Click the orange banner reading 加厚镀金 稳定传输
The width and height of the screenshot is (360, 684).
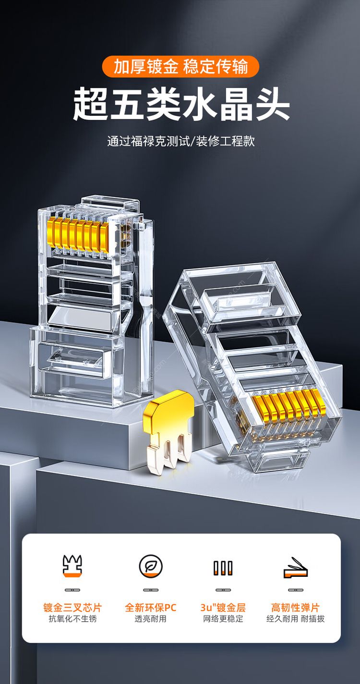tap(180, 66)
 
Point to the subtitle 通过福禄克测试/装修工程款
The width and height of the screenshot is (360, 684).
tap(181, 141)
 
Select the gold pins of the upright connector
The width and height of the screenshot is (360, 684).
tap(78, 235)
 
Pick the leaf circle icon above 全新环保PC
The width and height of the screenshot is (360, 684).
tap(150, 566)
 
